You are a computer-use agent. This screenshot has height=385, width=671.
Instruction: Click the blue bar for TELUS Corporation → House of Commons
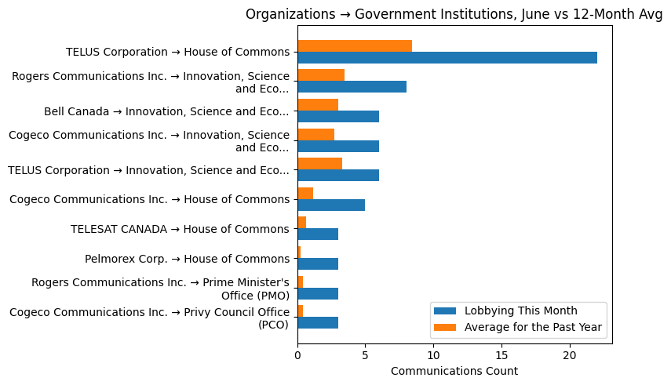[447, 58]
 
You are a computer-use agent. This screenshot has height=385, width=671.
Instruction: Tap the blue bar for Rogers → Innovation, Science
[352, 87]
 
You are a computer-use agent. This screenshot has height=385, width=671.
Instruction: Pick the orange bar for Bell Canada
[318, 105]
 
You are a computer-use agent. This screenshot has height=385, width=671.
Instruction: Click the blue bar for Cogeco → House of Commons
[331, 205]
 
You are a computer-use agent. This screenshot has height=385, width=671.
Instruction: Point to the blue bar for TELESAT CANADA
[318, 234]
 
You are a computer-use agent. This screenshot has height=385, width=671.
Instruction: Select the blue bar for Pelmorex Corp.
[318, 263]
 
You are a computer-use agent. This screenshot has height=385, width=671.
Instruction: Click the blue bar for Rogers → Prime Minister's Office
[318, 293]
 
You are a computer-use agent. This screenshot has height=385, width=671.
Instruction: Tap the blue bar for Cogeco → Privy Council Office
[318, 322]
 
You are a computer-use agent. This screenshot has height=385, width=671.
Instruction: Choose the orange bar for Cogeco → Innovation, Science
[315, 134]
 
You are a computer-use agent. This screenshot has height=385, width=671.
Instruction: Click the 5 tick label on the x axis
[365, 354]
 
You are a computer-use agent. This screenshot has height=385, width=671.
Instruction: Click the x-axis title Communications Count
[454, 371]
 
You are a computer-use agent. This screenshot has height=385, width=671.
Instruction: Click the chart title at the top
[454, 14]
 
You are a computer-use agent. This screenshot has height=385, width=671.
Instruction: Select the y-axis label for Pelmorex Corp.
[187, 259]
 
